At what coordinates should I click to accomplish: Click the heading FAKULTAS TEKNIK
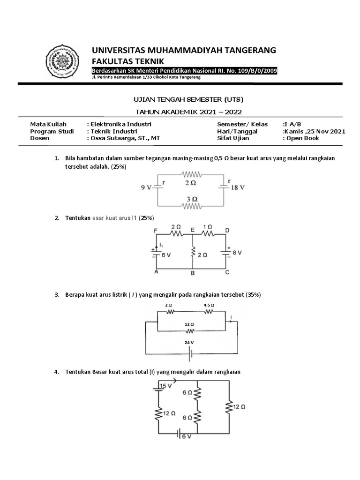tap(122, 60)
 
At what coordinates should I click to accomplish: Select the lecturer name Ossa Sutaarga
tap(118, 138)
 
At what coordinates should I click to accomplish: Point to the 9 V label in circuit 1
tap(147, 188)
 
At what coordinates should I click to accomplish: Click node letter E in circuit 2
tap(192, 230)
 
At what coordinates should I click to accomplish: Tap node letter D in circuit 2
tap(227, 231)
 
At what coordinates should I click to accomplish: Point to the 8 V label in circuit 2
tap(237, 252)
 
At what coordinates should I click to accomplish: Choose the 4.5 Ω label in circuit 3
tap(209, 305)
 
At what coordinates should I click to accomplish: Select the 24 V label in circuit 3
tap(189, 343)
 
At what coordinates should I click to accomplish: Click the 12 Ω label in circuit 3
tap(189, 324)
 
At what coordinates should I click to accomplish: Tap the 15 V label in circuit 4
tap(161, 386)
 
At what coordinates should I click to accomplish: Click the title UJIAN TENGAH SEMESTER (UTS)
tap(186, 100)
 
